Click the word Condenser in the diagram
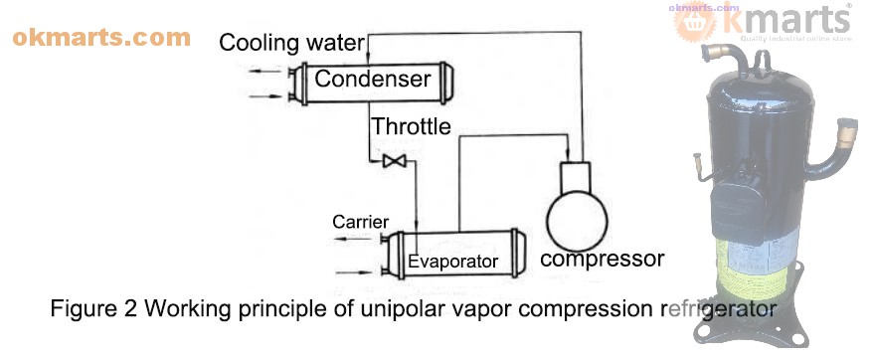(372, 79)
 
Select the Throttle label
(411, 127)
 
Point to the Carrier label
(360, 221)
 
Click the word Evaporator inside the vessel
(452, 262)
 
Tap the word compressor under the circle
(601, 260)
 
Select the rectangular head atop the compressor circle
(576, 175)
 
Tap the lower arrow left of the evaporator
(356, 270)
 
